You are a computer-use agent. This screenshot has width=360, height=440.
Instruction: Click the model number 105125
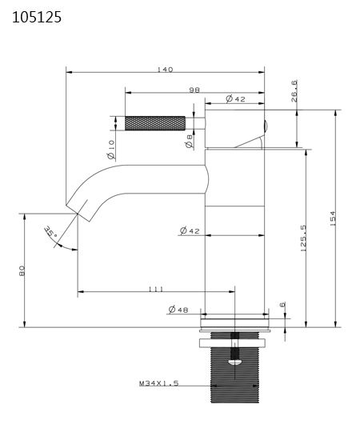click(x=36, y=15)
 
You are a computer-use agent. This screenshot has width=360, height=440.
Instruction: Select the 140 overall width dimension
click(x=166, y=70)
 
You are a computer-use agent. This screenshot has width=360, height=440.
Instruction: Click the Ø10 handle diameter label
click(x=111, y=146)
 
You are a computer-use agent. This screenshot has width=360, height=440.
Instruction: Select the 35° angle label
click(x=51, y=234)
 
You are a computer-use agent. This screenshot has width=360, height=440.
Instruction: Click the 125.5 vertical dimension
click(x=304, y=238)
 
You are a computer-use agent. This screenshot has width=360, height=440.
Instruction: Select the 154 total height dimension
click(x=332, y=218)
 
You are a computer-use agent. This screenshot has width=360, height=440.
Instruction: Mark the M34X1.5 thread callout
click(x=158, y=384)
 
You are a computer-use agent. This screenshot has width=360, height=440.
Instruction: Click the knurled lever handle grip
click(x=155, y=123)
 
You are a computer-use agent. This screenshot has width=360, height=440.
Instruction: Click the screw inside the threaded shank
click(x=234, y=352)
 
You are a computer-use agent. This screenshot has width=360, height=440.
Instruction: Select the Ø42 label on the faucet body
click(x=190, y=231)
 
